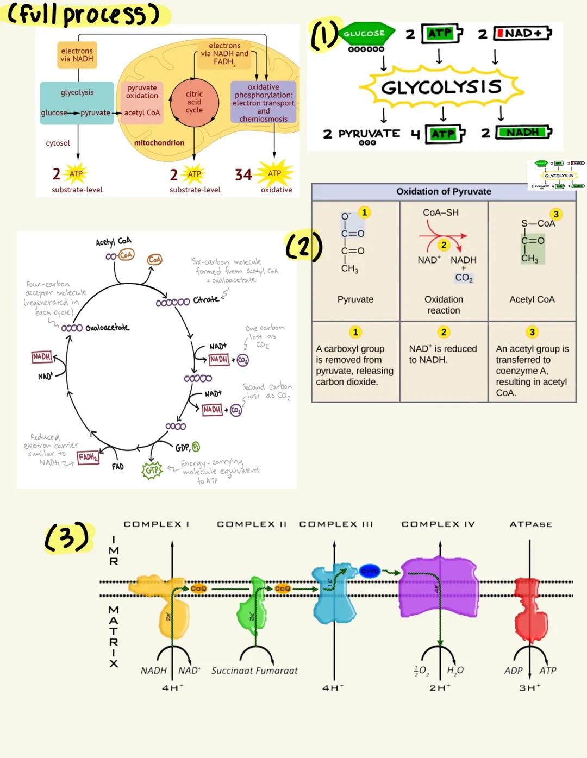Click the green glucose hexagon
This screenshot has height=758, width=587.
tap(365, 34)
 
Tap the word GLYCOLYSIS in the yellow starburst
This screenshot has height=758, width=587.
tap(441, 87)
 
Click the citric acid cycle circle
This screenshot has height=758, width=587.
tap(194, 102)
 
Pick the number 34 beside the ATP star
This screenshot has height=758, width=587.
tap(243, 175)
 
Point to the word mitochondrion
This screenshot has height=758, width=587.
tap(159, 143)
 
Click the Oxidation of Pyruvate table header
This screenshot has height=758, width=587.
tap(444, 191)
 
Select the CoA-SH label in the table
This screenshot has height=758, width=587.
tap(441, 212)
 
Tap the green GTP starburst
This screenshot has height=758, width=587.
tap(152, 470)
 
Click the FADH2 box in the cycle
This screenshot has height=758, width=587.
tap(88, 458)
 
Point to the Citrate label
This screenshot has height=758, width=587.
tap(206, 300)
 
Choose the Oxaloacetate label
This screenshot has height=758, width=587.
tap(107, 328)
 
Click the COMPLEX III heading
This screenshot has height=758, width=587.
tap(336, 524)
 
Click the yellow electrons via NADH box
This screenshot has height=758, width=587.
tap(77, 55)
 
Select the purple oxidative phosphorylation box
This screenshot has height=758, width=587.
tap(264, 103)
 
